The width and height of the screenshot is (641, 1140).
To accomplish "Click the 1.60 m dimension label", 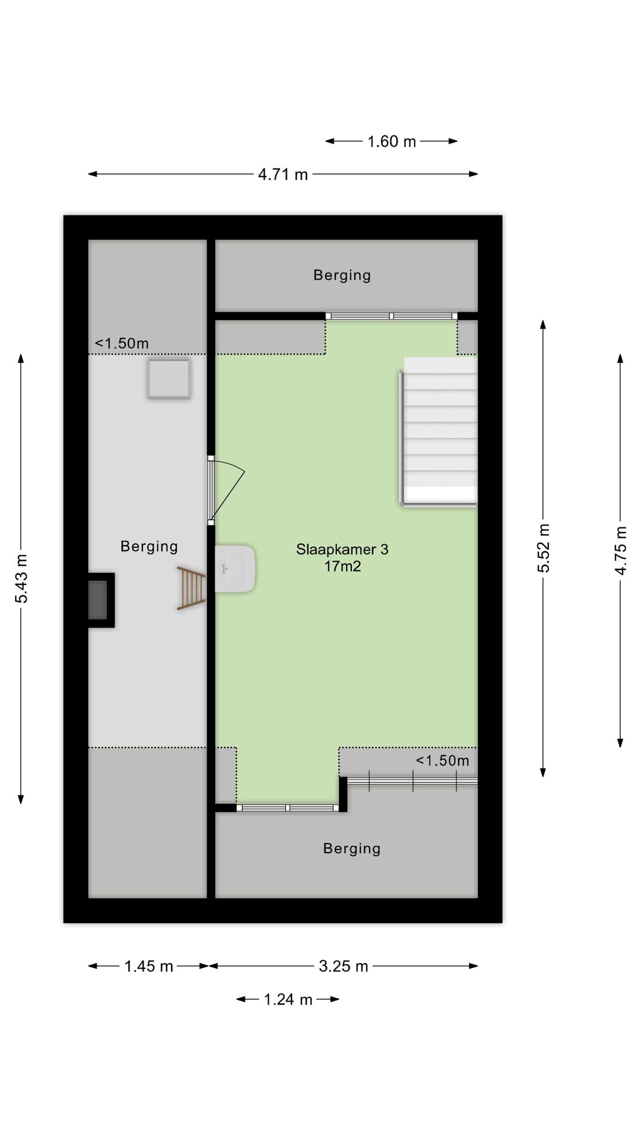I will (391, 141).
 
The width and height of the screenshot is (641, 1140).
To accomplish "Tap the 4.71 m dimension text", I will (283, 175).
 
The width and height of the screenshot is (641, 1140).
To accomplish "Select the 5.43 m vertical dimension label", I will (21, 578).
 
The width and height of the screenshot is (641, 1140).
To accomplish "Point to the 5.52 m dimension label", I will (544, 548).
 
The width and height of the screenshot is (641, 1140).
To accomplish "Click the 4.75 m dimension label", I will (620, 550).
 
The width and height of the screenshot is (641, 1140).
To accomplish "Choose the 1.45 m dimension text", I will (148, 966).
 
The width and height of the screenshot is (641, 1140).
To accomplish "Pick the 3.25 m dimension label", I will (343, 966).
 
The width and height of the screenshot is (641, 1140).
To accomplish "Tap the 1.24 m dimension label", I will (288, 999).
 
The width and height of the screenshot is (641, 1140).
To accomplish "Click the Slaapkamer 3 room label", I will (342, 549).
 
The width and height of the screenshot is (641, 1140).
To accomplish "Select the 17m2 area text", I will (342, 566).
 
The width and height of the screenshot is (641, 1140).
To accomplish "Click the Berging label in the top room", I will (342, 275).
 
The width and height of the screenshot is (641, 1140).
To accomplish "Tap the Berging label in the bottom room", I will (351, 848).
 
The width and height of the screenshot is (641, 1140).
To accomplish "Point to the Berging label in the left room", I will (149, 546).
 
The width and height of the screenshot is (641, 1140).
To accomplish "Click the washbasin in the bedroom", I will (235, 568).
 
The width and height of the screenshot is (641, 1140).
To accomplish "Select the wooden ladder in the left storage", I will (192, 588).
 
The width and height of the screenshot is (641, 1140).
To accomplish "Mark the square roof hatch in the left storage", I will (169, 378).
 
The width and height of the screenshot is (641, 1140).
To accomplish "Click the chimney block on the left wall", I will (100, 600).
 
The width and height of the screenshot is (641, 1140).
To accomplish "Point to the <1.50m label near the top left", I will (122, 343).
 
